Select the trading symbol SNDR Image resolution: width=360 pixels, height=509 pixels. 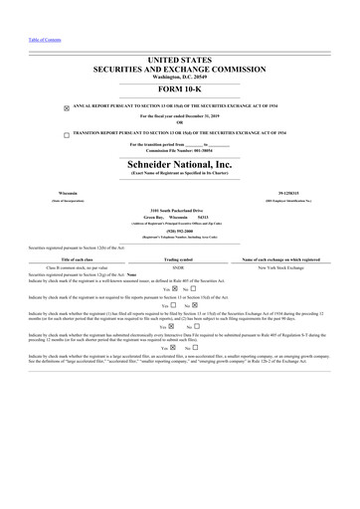179,268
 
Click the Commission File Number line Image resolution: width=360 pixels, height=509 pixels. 180,151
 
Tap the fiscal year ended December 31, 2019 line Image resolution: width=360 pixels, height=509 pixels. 180,116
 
